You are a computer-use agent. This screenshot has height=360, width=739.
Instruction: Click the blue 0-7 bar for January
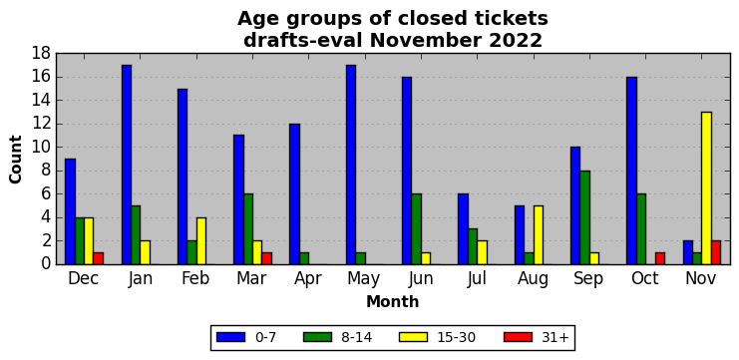[127, 165]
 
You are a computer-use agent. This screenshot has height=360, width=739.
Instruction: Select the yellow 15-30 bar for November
[706, 188]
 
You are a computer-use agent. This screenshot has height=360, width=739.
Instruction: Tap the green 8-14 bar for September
[584, 217]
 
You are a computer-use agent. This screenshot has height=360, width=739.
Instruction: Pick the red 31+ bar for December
[98, 258]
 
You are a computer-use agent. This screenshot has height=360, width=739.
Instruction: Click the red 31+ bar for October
[660, 258]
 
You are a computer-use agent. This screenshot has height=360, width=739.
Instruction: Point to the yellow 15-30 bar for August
[539, 235]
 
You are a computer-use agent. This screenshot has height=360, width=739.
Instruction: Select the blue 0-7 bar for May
[351, 165]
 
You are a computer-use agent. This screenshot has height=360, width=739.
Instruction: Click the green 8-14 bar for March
[248, 229]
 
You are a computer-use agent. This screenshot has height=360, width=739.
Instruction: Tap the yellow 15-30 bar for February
[201, 241]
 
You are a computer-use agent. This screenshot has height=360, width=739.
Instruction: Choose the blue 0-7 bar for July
[464, 229]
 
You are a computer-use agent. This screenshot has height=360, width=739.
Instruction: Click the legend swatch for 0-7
[230, 337]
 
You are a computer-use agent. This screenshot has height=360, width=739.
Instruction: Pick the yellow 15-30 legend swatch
[413, 337]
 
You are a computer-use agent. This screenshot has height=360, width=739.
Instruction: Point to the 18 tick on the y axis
[42, 53]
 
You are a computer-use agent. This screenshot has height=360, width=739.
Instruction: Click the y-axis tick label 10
[42, 147]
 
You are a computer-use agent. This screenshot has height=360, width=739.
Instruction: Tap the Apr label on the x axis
[308, 279]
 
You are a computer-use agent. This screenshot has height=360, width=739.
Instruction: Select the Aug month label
[533, 279]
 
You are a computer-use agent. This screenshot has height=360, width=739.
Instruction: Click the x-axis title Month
[393, 301]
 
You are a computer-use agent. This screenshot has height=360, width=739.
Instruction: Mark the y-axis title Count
[16, 160]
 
